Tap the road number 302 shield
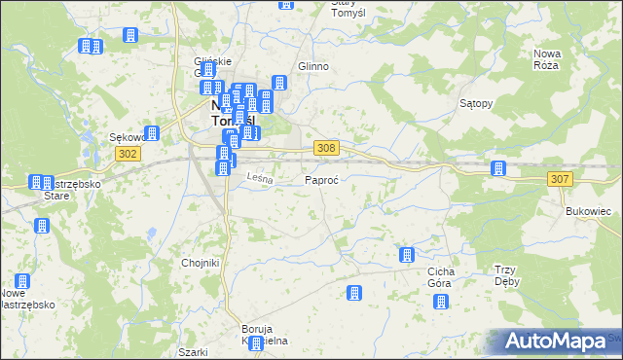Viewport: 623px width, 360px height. [128, 153]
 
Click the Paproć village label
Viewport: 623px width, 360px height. [321, 181]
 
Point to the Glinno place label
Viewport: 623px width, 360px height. [313, 66]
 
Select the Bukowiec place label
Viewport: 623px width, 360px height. [587, 210]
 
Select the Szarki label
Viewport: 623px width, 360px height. [194, 352]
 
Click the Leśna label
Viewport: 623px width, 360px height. [258, 178]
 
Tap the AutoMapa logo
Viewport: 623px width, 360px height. [554, 342]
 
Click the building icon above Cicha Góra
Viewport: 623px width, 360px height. [407, 256]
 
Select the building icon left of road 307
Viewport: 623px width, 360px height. [498, 168]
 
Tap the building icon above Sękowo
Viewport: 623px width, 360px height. [152, 133]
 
